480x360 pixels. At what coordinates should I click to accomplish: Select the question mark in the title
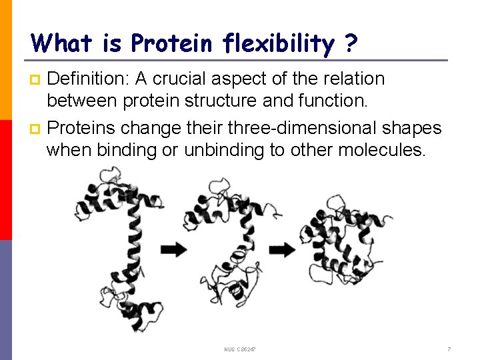tap(351, 44)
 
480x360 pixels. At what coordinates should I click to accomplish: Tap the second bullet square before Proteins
tap(36, 127)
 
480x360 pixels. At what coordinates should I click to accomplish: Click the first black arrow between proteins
tap(174, 249)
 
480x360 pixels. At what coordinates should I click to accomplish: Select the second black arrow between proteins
tap(284, 249)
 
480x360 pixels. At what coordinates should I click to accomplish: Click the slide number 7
tap(449, 349)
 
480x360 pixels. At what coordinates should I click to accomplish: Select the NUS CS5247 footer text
tap(240, 349)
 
